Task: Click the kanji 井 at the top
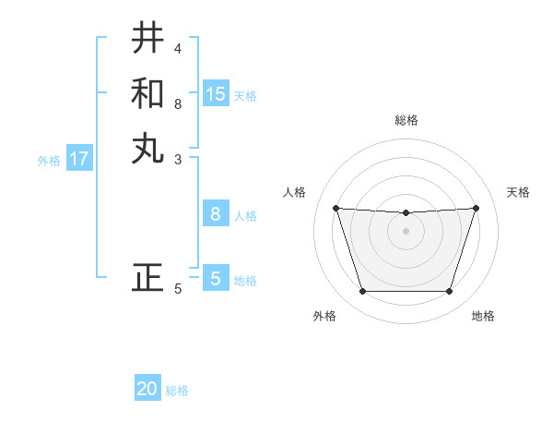pyautogui.click(x=147, y=38)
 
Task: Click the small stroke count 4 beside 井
pyautogui.click(x=178, y=48)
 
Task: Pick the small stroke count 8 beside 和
pyautogui.click(x=178, y=103)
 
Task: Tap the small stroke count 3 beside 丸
pyautogui.click(x=178, y=159)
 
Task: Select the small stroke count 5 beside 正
pyautogui.click(x=178, y=289)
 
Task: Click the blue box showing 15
pyautogui.click(x=216, y=94)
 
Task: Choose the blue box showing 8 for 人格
pyautogui.click(x=216, y=214)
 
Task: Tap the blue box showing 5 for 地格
pyautogui.click(x=216, y=279)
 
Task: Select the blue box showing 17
pyautogui.click(x=79, y=159)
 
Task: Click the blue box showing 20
pyautogui.click(x=147, y=390)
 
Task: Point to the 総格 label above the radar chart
pyautogui.click(x=406, y=120)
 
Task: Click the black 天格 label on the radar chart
pyautogui.click(x=519, y=192)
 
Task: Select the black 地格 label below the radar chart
pyautogui.click(x=483, y=316)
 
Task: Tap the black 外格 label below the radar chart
pyautogui.click(x=324, y=316)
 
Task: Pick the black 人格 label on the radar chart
pyautogui.click(x=295, y=192)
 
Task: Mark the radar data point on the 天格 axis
pyautogui.click(x=476, y=208)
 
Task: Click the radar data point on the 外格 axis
pyautogui.click(x=362, y=292)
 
